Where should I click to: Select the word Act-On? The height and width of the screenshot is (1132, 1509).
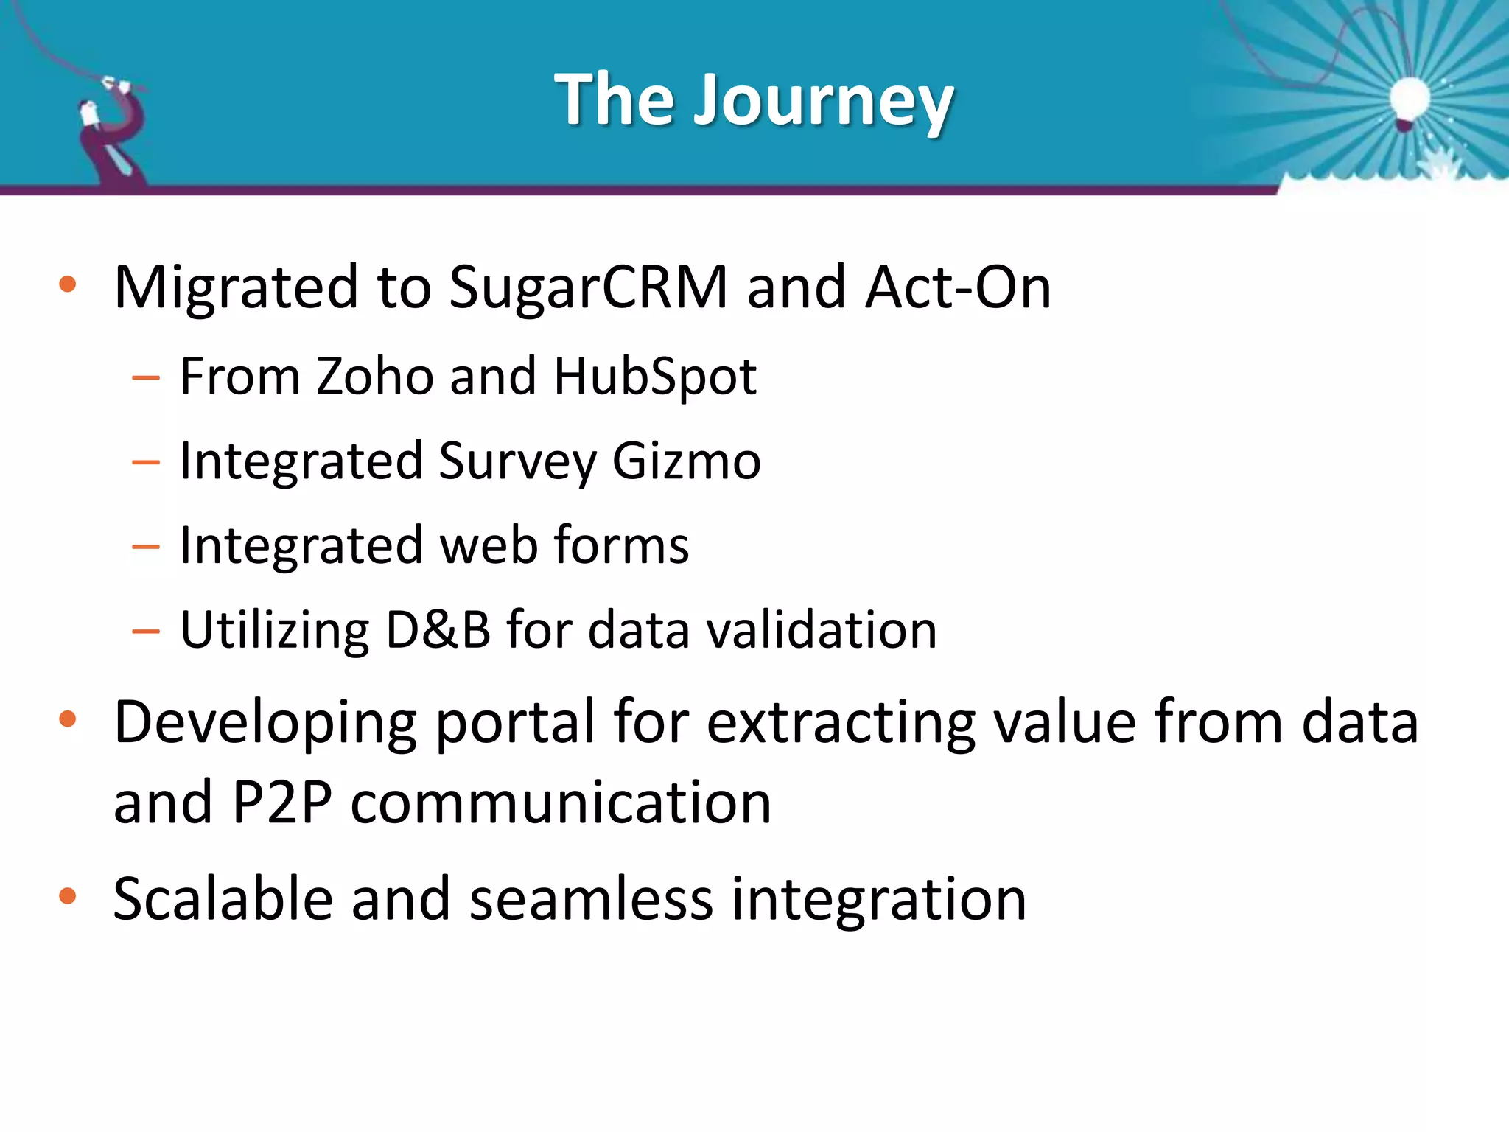click(958, 287)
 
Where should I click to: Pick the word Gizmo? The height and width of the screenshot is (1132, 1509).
click(686, 461)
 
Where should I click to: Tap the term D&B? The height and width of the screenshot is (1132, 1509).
click(438, 630)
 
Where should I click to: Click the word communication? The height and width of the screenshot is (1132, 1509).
click(561, 803)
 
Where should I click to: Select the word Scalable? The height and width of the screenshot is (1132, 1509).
click(223, 899)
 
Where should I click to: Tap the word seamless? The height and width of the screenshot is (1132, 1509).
click(591, 899)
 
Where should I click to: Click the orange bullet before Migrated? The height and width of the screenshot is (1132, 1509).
click(68, 284)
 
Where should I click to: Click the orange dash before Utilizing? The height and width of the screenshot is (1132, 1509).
click(146, 632)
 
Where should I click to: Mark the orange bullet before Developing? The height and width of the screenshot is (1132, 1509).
click(68, 719)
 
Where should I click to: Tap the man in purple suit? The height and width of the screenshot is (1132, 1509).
click(112, 136)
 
